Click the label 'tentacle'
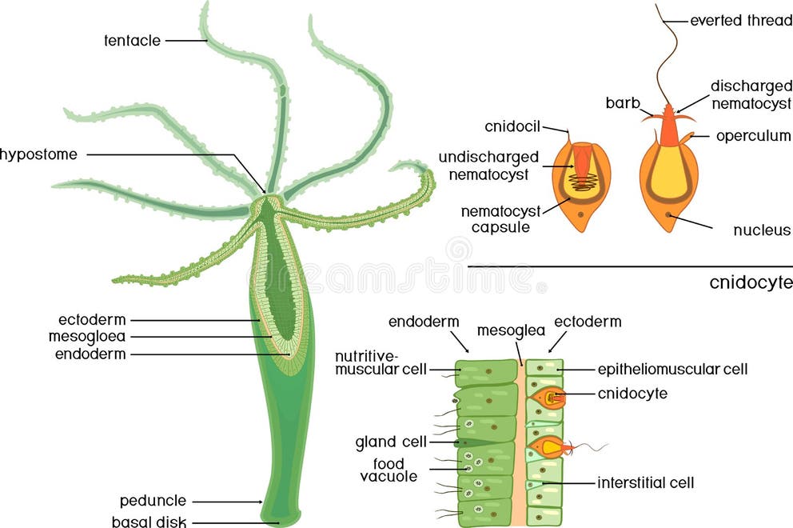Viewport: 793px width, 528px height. coord(132,39)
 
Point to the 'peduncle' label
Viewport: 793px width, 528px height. coord(153,501)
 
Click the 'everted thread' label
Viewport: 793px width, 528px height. coord(739,19)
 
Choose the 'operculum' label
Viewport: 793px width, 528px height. coord(753,136)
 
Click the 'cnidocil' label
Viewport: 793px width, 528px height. coord(513,126)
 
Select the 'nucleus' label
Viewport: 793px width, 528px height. coord(762,230)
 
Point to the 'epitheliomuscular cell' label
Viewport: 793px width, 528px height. coord(673,369)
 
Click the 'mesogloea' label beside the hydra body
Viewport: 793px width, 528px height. coord(86,336)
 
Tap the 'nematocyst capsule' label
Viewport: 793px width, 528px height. coord(500,218)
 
